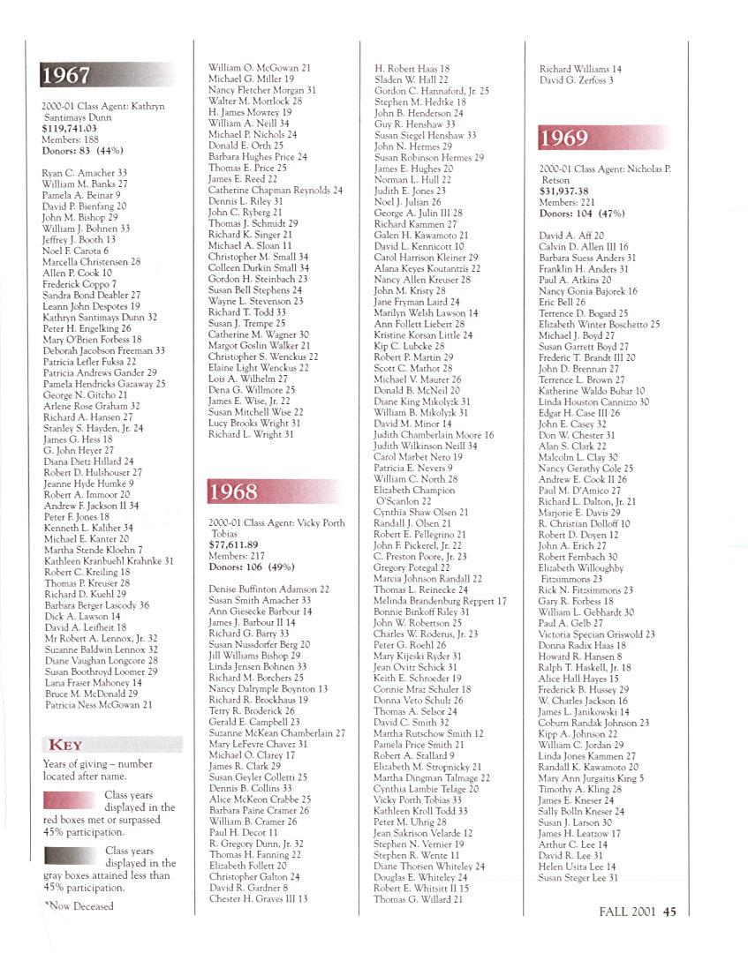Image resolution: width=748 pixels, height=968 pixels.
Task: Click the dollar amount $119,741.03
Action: click(71, 128)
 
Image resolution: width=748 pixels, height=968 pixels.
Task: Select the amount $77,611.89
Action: click(233, 544)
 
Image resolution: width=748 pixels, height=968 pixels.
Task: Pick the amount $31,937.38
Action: click(570, 190)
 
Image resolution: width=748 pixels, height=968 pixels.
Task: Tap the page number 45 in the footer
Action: click(669, 912)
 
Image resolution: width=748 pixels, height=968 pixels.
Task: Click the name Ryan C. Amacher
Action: click(79, 173)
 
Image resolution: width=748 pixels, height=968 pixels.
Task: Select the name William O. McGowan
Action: click(253, 68)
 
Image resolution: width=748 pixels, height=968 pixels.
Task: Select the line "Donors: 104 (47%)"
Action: click(581, 214)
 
